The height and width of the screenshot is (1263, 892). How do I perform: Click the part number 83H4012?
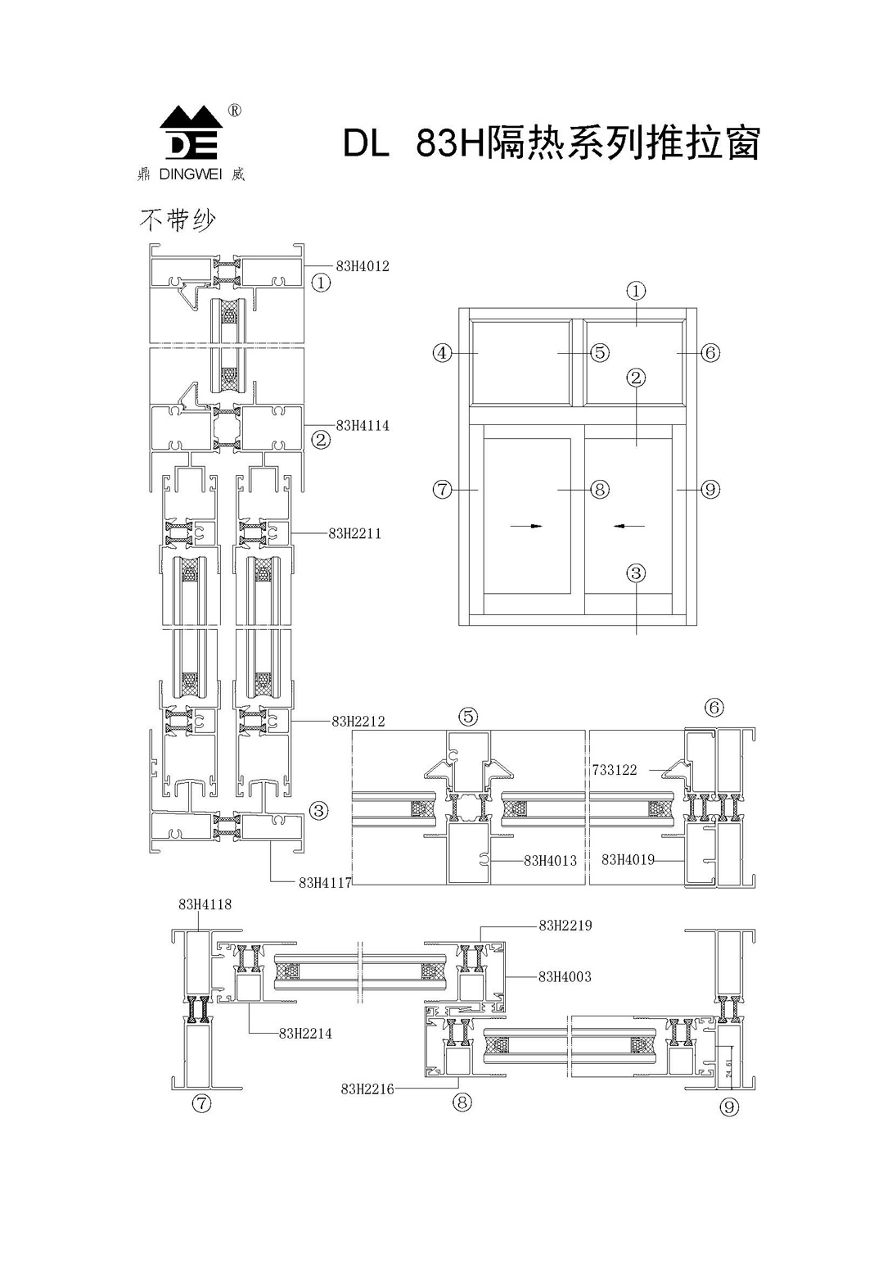point(363,266)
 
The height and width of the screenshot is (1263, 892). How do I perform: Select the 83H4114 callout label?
point(363,426)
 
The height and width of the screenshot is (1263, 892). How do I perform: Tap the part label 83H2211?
point(354,533)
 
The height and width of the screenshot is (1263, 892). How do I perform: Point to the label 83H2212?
point(358,722)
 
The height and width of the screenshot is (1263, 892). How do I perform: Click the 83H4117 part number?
point(325,882)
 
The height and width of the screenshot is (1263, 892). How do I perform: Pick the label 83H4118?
point(205,904)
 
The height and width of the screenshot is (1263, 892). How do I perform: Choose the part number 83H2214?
point(305,1034)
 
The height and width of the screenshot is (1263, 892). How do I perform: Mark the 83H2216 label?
point(367,1089)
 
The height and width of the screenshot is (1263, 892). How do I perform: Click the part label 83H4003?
point(565,976)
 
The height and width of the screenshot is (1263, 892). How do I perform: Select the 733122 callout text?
point(614,770)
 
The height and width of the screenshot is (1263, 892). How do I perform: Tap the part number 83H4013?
point(550,860)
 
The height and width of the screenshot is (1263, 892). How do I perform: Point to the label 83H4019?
point(628,859)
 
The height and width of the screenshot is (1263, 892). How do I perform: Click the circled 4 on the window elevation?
point(442,353)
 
